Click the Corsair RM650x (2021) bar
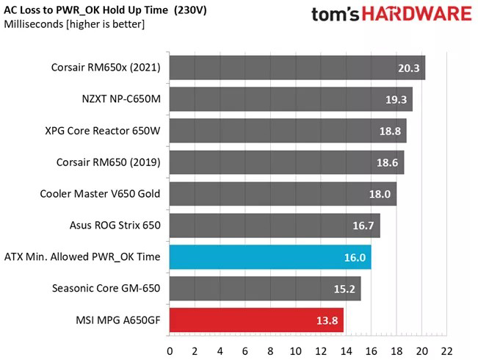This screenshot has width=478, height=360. pyautogui.click(x=297, y=68)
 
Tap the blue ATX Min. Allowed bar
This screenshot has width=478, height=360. pyautogui.click(x=270, y=257)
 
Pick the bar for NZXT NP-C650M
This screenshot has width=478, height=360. pyautogui.click(x=291, y=99)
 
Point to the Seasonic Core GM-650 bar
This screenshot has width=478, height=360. pyautogui.click(x=265, y=289)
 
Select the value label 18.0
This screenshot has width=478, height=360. pyautogui.click(x=379, y=195)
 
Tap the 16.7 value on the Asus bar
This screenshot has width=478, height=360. pyautogui.click(x=363, y=226)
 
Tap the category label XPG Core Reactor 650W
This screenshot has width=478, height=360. pyautogui.click(x=103, y=131)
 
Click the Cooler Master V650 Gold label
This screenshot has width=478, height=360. pyautogui.click(x=101, y=194)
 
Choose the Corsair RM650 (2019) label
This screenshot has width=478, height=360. pyautogui.click(x=109, y=162)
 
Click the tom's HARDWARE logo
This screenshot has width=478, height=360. pyautogui.click(x=390, y=15)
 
